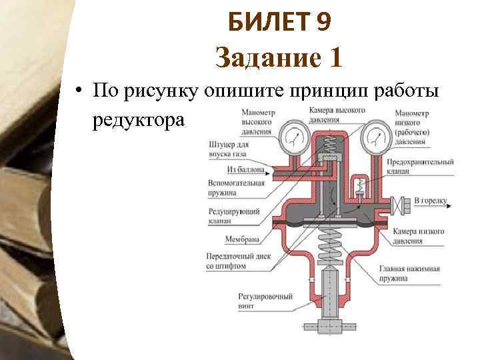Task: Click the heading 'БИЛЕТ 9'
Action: (x=279, y=23)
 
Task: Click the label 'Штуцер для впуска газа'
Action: (x=228, y=149)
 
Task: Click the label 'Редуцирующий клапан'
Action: (x=229, y=214)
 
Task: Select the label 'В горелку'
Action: (x=429, y=199)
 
